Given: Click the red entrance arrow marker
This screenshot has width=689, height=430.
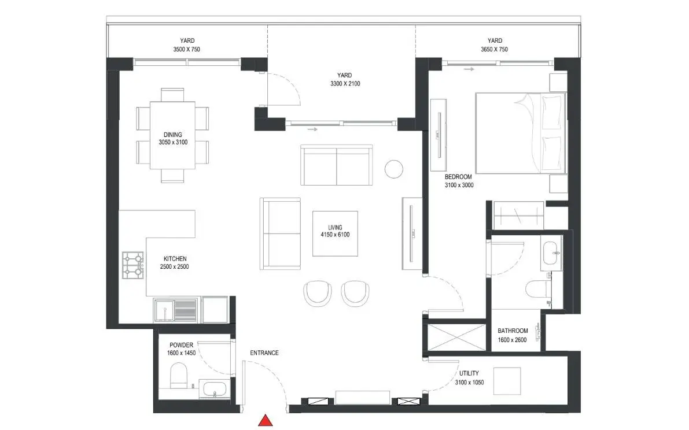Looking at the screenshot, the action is tap(265, 420).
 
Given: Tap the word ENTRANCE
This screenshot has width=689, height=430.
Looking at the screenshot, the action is tap(264, 353).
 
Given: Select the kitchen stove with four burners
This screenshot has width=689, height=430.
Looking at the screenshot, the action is tap(133, 265).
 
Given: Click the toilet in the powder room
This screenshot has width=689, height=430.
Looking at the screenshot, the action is tap(178, 376).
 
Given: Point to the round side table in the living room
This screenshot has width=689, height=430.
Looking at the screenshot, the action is tap(394, 169).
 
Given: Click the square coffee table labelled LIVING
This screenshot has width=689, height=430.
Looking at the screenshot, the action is tap(336, 233).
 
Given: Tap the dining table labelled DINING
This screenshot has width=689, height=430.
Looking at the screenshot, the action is tap(173, 135).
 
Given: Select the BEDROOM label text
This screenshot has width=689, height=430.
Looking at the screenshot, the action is tap(458, 177).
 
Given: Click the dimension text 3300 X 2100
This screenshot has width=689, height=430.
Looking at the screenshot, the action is tap(345, 84).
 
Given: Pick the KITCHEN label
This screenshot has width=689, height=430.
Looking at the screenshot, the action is tap(175, 259).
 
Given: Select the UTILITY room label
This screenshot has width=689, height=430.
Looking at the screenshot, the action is tap(469, 373).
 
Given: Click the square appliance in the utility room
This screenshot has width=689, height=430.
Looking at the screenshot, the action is tap(507, 381).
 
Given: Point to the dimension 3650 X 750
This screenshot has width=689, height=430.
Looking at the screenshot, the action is tap(495, 50).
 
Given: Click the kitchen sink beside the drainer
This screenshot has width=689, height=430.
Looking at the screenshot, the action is tap(164, 310).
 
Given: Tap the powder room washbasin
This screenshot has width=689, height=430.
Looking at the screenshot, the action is tap(214, 390).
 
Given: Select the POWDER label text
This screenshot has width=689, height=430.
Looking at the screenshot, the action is tap(182, 345).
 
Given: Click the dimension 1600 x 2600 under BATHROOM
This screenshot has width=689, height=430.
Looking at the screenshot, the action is tap(513, 340).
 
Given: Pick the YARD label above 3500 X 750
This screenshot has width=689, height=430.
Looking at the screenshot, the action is tap(187, 41).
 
